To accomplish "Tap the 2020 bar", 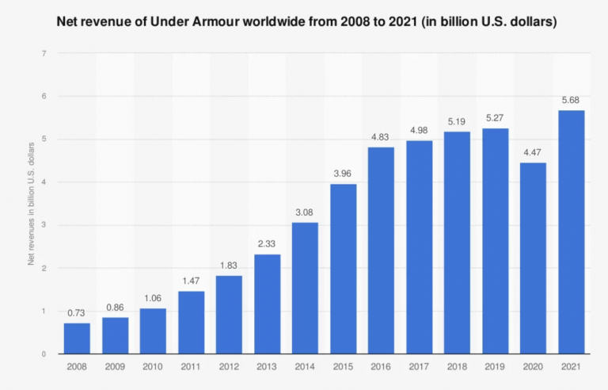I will pyautogui.click(x=533, y=258).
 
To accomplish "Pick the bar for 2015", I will pyautogui.click(x=343, y=269).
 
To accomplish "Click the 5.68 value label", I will pyautogui.click(x=571, y=101).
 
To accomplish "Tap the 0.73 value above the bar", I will pyautogui.click(x=77, y=313).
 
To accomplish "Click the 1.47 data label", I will pyautogui.click(x=191, y=281).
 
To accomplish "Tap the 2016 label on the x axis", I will pyautogui.click(x=381, y=367).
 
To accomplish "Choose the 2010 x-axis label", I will pyautogui.click(x=153, y=367).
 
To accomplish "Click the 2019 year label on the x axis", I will pyautogui.click(x=495, y=367).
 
